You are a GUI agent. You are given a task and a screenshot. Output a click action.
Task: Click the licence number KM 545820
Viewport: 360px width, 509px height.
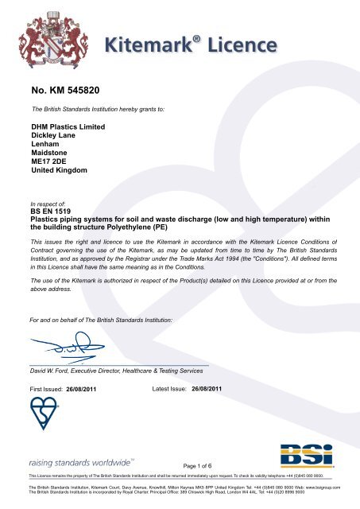click(x=64, y=80)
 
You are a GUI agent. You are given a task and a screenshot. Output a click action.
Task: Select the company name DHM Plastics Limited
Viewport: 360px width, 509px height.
click(x=68, y=126)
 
